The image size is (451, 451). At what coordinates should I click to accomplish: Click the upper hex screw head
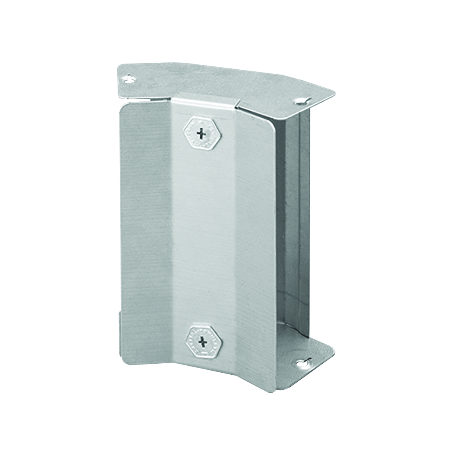[201, 133]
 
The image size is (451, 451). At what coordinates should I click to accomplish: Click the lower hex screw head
[201, 340]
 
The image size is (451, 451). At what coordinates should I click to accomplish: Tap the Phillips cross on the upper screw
[201, 133]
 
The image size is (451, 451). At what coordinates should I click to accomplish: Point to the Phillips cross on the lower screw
[201, 340]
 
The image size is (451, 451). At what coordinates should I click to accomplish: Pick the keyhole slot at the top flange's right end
[301, 101]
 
